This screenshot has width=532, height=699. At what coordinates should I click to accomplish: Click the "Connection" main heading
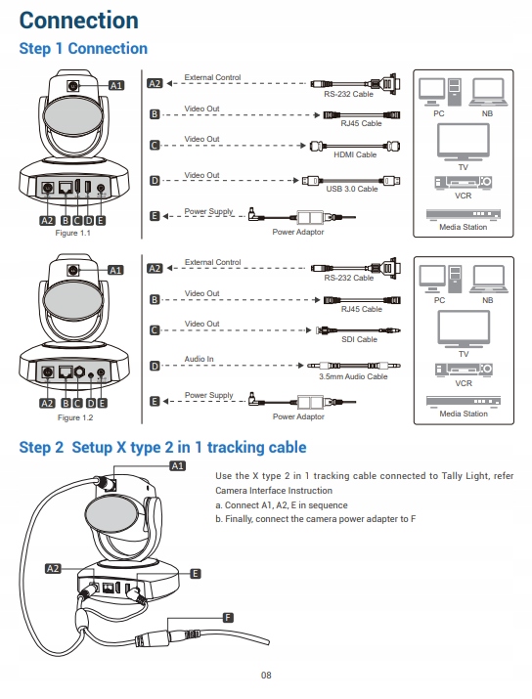pos(79,21)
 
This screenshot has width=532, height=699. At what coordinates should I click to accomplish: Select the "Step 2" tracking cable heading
pos(162,447)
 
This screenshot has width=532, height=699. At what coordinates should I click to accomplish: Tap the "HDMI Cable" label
pos(355,154)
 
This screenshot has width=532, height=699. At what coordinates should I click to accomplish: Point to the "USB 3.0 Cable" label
pos(351,189)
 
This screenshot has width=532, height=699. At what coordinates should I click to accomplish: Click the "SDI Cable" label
pos(359,339)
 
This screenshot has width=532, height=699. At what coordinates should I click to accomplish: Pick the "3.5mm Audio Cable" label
pos(353,376)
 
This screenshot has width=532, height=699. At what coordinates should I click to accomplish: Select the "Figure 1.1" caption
pos(72,233)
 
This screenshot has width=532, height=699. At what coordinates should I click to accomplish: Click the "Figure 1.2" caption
pos(75,417)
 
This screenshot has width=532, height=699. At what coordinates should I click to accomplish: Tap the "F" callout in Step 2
pos(228,618)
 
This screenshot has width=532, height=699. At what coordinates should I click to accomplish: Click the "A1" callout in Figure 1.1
pos(116,85)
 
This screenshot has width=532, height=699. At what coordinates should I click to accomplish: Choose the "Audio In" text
pos(199,359)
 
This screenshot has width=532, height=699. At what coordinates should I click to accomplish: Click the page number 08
pos(266,675)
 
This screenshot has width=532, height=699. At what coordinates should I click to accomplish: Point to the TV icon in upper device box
pos(464,142)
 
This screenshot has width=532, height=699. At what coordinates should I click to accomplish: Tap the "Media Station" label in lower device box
pos(464,414)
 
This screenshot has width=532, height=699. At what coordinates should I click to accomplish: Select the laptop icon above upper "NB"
pos(488,92)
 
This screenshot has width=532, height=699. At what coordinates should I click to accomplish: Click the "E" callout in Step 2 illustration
pos(195,574)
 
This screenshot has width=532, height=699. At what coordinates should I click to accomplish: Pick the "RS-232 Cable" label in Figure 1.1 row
pos(348,94)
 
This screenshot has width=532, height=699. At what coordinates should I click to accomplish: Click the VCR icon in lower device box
pos(464,370)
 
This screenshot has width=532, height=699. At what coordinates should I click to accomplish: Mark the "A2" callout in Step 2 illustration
pos(53,568)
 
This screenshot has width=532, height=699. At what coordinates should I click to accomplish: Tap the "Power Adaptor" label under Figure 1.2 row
pos(298,416)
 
